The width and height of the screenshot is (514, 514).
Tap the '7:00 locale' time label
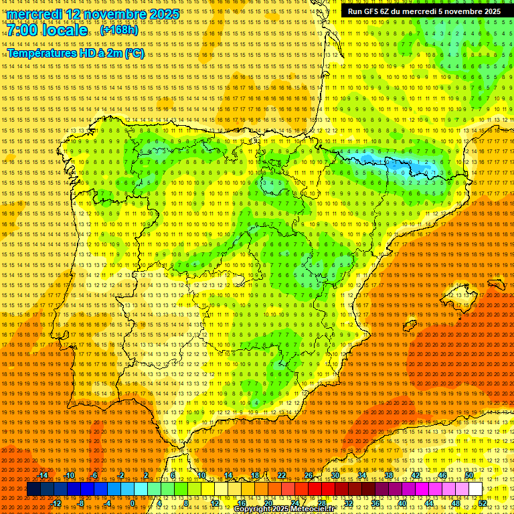click(x=47, y=30)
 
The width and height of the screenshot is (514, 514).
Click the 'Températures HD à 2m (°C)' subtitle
click(x=75, y=54)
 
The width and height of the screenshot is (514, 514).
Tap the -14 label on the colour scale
click(x=44, y=475)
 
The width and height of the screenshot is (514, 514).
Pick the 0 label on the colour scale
click(x=133, y=503)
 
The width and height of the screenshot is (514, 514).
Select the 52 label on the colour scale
click(x=483, y=503)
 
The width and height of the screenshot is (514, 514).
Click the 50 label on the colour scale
click(x=469, y=475)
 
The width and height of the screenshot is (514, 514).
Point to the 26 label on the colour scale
click(x=309, y=475)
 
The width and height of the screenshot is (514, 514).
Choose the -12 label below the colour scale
click(x=56, y=503)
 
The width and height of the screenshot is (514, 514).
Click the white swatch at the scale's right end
click(x=475, y=489)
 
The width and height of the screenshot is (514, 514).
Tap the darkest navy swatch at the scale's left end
click(x=33, y=489)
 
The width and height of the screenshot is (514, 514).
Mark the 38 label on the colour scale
click(x=389, y=475)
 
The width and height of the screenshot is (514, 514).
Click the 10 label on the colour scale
click(x=201, y=475)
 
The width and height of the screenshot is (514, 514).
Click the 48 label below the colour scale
click(x=456, y=503)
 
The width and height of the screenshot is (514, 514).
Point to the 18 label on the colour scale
click(x=255, y=475)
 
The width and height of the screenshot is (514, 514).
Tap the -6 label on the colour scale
click(x=95, y=475)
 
